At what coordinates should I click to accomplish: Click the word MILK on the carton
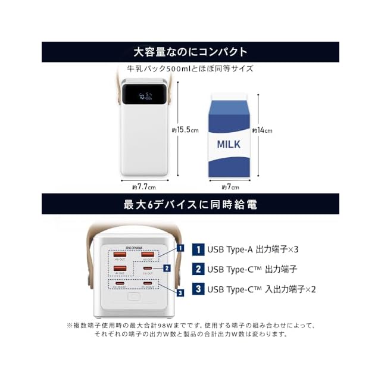(x=228, y=144)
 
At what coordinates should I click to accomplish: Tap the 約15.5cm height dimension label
(x=184, y=130)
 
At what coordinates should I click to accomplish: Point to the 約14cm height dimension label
(x=263, y=130)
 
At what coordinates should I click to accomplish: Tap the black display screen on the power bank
(x=143, y=94)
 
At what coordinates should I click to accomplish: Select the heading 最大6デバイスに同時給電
(x=190, y=204)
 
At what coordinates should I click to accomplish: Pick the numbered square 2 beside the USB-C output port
(x=167, y=268)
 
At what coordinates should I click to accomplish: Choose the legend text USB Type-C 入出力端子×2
(x=261, y=290)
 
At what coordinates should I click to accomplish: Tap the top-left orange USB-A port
(x=120, y=255)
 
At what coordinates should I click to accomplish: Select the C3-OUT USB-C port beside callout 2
(x=147, y=269)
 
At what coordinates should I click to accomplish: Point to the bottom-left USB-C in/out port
(x=120, y=283)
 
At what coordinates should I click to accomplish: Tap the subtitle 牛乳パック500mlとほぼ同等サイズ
(x=190, y=68)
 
